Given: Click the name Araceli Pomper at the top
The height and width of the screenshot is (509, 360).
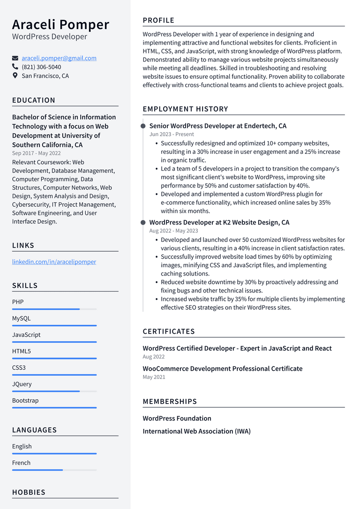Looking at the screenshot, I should click(60, 24).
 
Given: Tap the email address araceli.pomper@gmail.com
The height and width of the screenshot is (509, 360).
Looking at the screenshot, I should click(59, 58).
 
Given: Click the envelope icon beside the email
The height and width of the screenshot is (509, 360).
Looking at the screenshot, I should click(15, 58).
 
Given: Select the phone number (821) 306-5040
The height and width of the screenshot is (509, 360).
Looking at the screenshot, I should click(41, 67).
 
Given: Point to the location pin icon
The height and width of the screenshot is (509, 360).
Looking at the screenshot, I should click(15, 75).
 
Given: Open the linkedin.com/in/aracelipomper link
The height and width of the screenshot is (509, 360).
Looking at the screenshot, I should click(54, 262).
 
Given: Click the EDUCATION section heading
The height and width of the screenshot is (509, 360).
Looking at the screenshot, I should click(34, 100).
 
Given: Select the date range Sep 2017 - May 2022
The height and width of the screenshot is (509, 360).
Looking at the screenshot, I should click(36, 153).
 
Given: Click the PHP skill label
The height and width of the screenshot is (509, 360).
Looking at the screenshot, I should click(18, 302).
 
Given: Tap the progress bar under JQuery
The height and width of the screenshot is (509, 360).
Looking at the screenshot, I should click(54, 391).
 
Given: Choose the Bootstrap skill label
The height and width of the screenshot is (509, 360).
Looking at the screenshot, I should click(25, 400).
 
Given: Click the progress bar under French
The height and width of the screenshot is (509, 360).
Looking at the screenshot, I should click(54, 470).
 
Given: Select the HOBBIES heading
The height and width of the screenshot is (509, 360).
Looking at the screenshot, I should click(29, 492).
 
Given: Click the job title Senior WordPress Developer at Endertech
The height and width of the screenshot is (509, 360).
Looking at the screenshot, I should click(217, 126).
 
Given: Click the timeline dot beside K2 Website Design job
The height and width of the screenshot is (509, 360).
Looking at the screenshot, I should click(143, 223).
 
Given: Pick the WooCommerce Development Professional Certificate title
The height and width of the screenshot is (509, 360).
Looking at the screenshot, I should click(222, 368).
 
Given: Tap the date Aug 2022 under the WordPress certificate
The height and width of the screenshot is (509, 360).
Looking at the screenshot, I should click(153, 357).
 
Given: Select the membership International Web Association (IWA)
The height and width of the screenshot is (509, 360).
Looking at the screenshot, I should click(196, 431).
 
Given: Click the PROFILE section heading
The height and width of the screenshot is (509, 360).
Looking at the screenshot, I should click(158, 20).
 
